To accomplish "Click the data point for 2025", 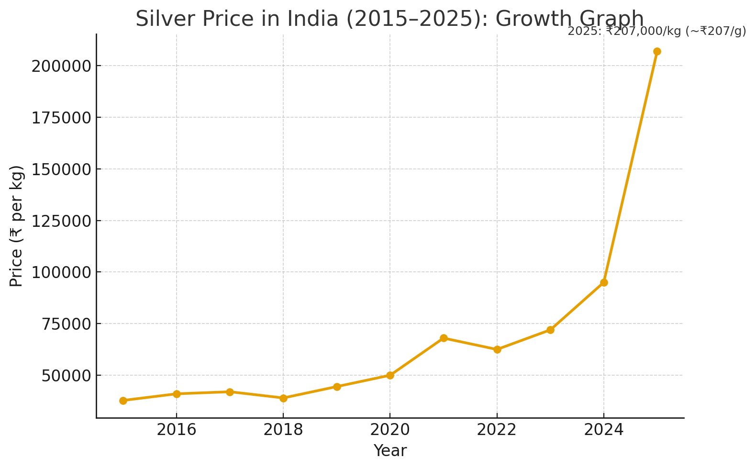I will point(657,51).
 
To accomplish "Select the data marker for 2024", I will point(604,282).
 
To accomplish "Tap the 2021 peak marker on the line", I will point(444,338).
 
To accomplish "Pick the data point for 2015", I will point(123,401).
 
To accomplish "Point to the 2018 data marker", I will point(283,398).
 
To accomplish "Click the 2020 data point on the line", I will point(390,375).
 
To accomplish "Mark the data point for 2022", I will point(497,349).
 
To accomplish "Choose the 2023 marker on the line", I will point(550,330).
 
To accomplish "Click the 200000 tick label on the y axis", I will point(61,66).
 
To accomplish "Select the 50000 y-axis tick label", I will point(66,376).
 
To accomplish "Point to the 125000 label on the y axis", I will point(61,221).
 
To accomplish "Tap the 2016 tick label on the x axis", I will point(177,430).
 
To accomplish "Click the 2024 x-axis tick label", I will point(604,430).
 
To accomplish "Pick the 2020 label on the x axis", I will point(390,430).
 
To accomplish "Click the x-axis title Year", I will point(390,451).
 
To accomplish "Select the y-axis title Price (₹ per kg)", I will point(17,226).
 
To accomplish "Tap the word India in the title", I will point(310,19).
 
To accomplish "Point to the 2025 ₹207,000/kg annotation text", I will point(656,32).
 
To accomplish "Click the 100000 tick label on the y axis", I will point(61,272).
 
